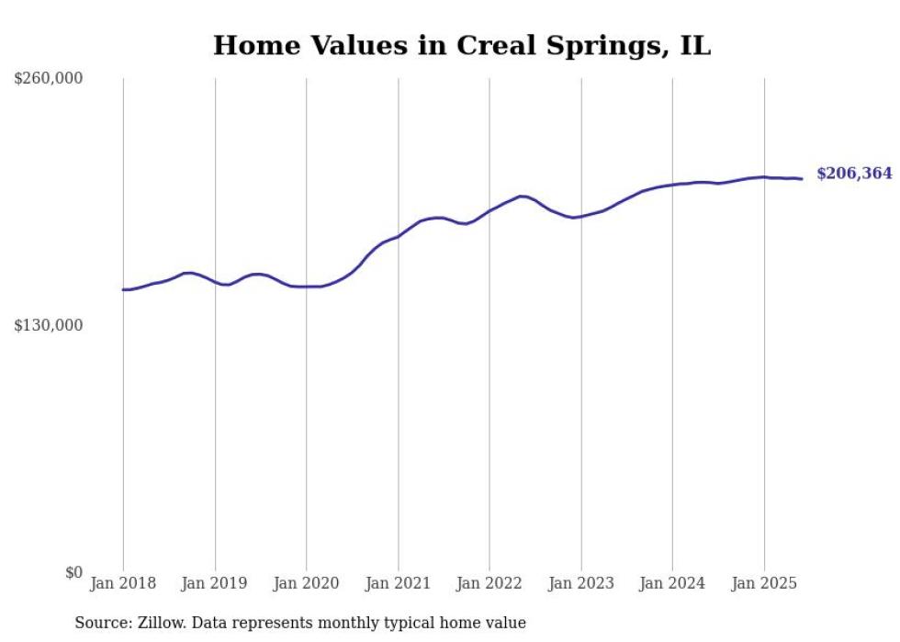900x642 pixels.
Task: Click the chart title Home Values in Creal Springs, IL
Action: pyautogui.click(x=462, y=45)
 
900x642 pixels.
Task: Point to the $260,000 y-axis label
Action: pyautogui.click(x=49, y=79)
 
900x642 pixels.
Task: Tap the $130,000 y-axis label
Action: pyautogui.click(x=49, y=325)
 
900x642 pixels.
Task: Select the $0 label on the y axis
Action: pyautogui.click(x=73, y=572)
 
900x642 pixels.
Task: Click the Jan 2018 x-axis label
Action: pyautogui.click(x=123, y=583)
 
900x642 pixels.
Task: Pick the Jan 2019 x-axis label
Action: pyautogui.click(x=215, y=583)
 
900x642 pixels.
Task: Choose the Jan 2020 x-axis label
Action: pyautogui.click(x=307, y=583)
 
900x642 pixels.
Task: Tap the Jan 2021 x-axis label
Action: pyautogui.click(x=398, y=583)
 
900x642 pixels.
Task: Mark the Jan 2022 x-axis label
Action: pyautogui.click(x=489, y=583)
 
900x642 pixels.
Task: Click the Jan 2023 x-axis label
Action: pyautogui.click(x=581, y=583)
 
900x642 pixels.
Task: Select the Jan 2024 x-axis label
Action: pyautogui.click(x=672, y=583)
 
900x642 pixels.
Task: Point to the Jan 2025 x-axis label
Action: pyautogui.click(x=764, y=583)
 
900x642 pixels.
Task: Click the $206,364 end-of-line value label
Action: pyautogui.click(x=854, y=174)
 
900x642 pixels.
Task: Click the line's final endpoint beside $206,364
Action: pyautogui.click(x=802, y=178)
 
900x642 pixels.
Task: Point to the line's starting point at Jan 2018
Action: pyautogui.click(x=123, y=289)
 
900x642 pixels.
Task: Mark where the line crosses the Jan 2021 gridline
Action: pyautogui.click(x=398, y=236)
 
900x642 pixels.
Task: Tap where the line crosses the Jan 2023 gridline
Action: pyautogui.click(x=581, y=217)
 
